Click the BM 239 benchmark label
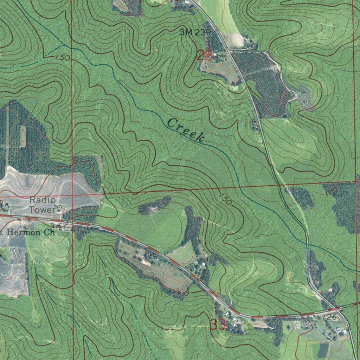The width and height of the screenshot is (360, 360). (x=195, y=33)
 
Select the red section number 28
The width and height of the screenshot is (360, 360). (x=205, y=55)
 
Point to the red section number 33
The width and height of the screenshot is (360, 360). (x=218, y=324)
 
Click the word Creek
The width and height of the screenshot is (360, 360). (x=186, y=130)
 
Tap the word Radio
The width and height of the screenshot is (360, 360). (x=42, y=200)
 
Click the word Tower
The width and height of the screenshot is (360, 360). (x=42, y=210)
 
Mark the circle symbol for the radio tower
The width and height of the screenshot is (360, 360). (x=59, y=208)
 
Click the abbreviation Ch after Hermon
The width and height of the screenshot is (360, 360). (x=49, y=232)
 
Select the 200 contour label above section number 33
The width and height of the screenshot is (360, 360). (x=182, y=292)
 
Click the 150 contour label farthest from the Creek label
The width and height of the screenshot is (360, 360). (x=62, y=57)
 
